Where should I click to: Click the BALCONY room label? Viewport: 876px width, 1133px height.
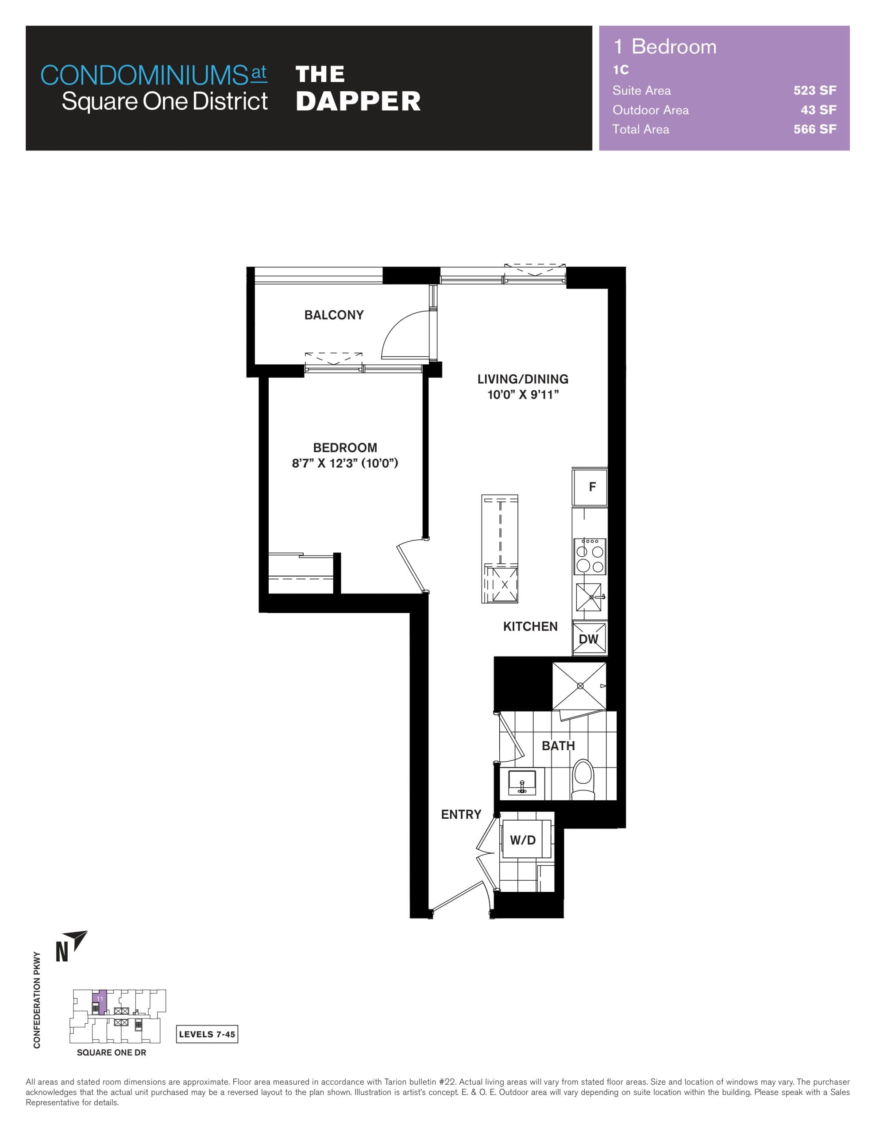[334, 315]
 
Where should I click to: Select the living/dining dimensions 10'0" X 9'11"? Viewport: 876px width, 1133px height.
[523, 395]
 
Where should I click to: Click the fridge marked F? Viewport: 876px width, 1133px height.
[590, 486]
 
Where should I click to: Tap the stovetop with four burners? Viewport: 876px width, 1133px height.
[590, 556]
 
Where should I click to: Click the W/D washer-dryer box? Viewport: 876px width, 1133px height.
[523, 840]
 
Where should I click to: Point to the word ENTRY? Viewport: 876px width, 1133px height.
[461, 814]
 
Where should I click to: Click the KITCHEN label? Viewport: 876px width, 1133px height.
[530, 627]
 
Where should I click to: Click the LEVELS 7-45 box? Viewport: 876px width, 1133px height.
[207, 1034]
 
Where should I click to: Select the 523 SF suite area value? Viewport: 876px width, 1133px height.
[814, 90]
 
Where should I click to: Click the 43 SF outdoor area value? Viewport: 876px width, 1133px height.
[818, 110]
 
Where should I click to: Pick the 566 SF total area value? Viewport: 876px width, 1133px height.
[814, 129]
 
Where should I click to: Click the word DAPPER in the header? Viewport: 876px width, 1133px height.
[358, 101]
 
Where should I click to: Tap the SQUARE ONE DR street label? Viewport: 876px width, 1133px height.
[111, 1052]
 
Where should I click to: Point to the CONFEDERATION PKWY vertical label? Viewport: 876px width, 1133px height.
[37, 1000]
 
